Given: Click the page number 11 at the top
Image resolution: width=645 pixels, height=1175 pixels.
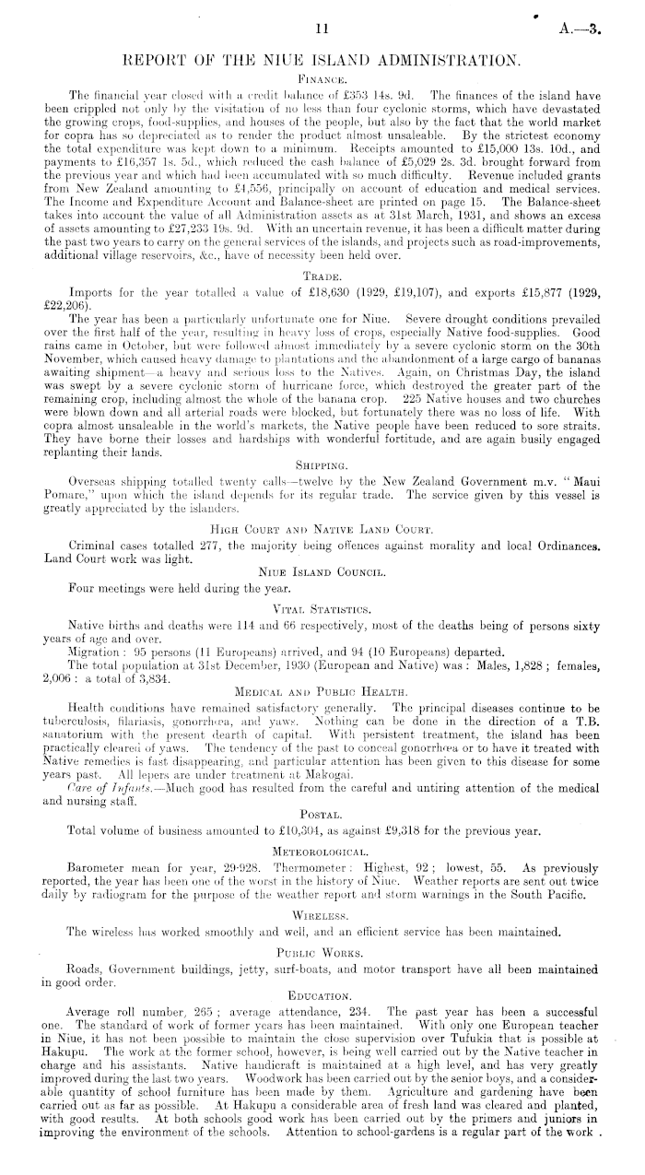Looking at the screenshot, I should coord(322,29).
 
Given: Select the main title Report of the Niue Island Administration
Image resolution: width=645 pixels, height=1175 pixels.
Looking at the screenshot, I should coord(322,61).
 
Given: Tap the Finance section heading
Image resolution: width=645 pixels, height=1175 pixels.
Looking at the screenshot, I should coord(322,81).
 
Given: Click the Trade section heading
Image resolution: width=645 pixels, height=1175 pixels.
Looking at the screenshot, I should coord(322,275).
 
